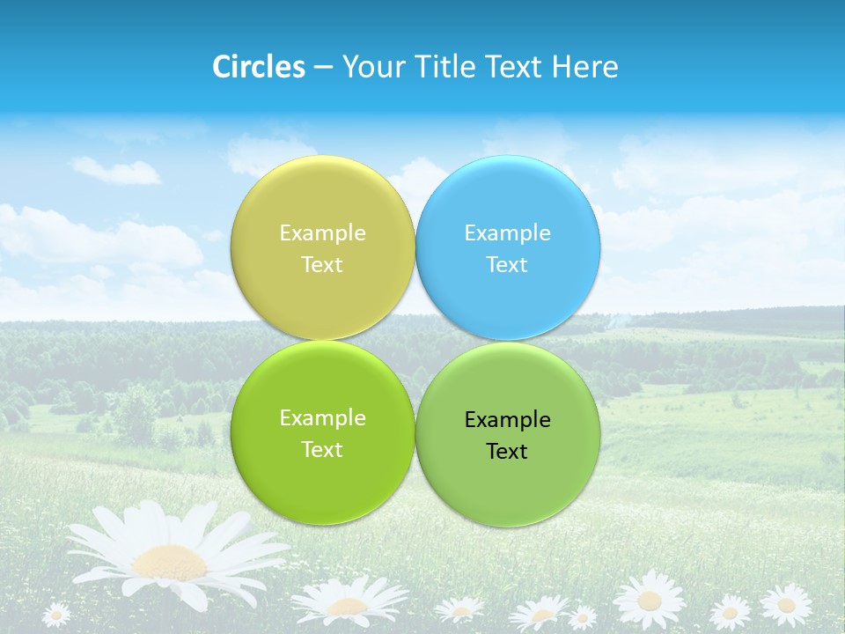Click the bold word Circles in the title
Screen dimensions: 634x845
coord(258,67)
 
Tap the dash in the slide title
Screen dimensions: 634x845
coord(323,68)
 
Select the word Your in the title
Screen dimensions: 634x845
coord(370,67)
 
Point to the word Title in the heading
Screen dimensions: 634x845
coord(445,67)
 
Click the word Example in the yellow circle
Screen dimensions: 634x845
coord(322,232)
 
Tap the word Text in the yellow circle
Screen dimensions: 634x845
coord(322,264)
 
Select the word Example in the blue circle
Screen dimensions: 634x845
coord(507,232)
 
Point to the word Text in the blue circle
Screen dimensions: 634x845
coord(507,264)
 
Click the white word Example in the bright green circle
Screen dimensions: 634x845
coord(322,417)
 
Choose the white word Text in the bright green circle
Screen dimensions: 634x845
coord(322,449)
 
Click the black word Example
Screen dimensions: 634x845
coord(507,419)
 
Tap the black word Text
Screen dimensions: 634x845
coord(507,451)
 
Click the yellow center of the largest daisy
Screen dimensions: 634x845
coord(169,561)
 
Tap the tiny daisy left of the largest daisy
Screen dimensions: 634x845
coord(55,614)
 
